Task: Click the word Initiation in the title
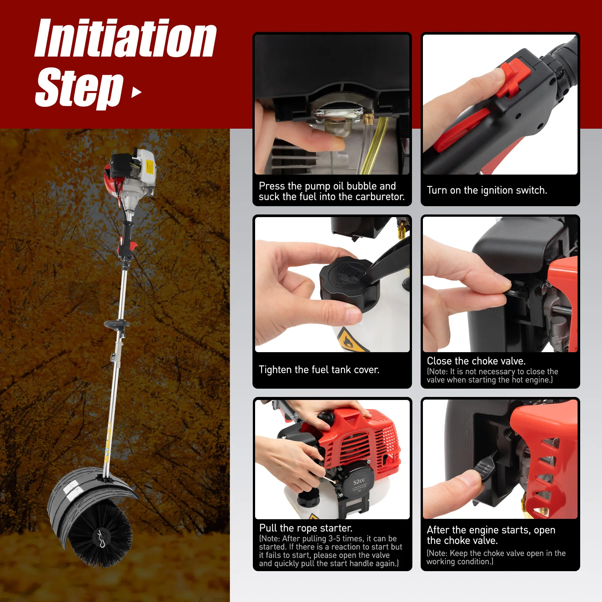[x=125, y=38]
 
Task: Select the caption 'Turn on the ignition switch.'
[x=487, y=190]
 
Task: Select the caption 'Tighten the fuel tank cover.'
[x=319, y=370]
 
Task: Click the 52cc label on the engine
[x=359, y=482]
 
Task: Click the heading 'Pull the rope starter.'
[x=306, y=528]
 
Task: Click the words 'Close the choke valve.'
[x=476, y=361]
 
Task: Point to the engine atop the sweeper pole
[x=132, y=173]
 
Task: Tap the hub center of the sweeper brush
[x=102, y=536]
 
